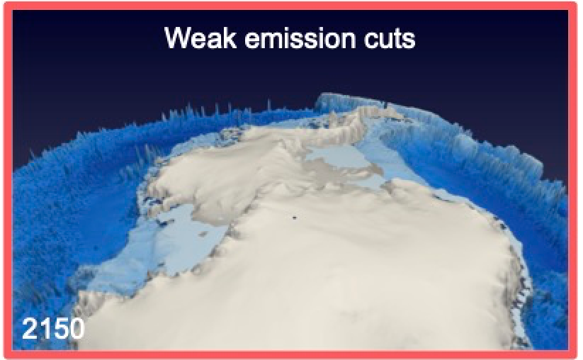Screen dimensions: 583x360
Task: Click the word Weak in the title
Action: click(x=200, y=38)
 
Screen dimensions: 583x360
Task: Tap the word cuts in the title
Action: click(x=390, y=39)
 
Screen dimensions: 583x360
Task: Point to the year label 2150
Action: click(x=53, y=329)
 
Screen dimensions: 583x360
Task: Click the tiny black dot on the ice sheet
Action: click(x=295, y=218)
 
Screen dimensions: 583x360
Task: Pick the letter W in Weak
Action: click(x=179, y=38)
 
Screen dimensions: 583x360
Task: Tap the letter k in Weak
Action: click(x=230, y=38)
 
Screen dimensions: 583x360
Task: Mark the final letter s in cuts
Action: click(x=409, y=40)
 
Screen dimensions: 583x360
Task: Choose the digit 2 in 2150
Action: click(x=29, y=329)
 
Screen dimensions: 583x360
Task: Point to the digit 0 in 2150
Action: click(x=77, y=329)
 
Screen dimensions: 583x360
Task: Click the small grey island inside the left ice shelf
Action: click(x=203, y=235)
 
